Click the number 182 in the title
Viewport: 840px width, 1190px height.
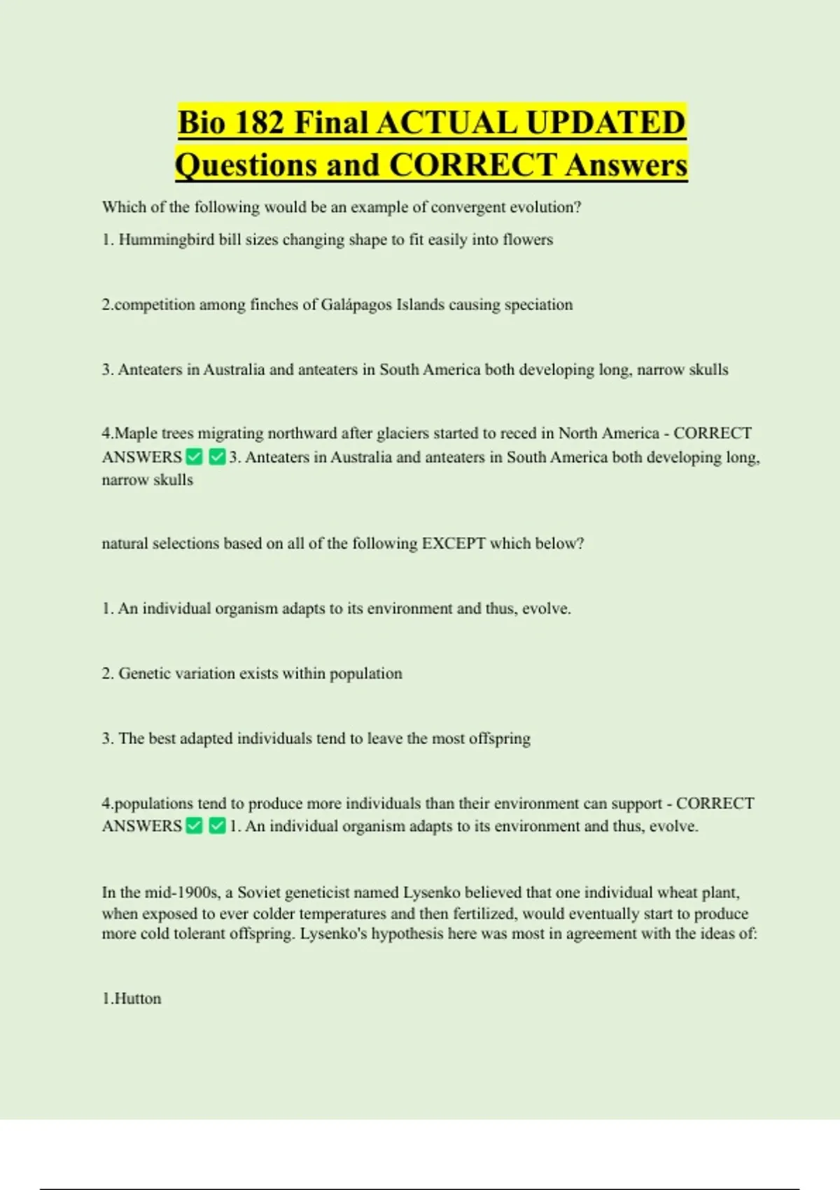coord(260,122)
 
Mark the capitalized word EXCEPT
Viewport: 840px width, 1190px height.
coord(453,543)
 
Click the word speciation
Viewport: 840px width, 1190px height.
coord(539,304)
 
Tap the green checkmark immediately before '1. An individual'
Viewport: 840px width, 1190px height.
coord(217,826)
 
